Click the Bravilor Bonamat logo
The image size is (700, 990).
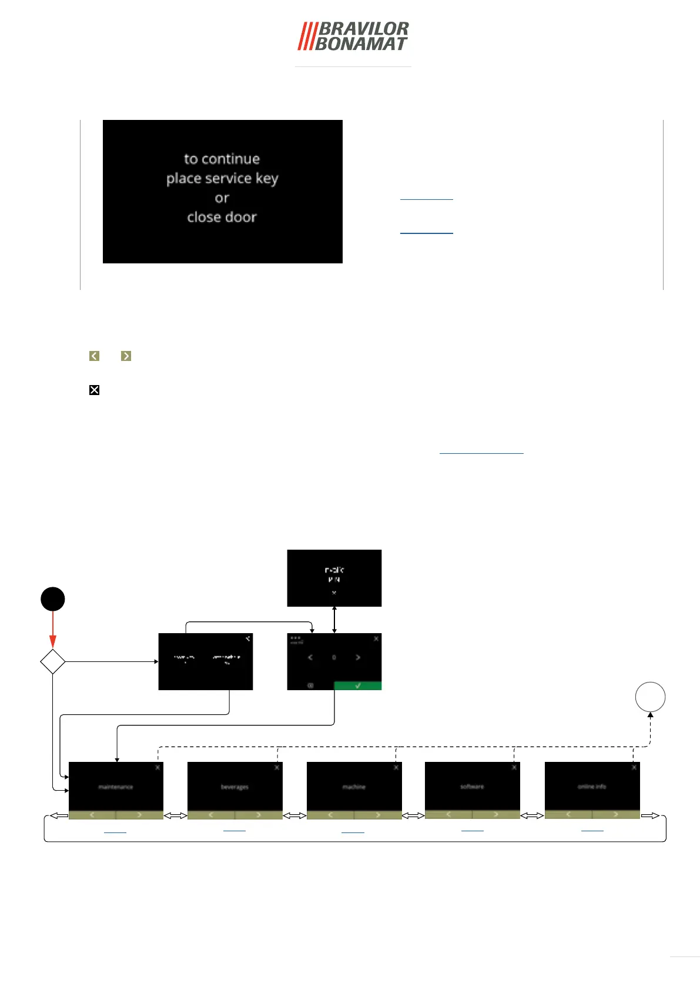353,36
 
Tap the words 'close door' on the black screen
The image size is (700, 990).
222,218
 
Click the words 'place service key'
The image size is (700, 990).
222,178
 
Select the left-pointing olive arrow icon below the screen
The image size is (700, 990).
94,356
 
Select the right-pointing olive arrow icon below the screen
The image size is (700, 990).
126,356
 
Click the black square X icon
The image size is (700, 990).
94,390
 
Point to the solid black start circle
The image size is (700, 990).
52,599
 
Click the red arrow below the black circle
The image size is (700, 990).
53,629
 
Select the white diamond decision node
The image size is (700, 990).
52,661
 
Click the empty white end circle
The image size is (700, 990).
650,697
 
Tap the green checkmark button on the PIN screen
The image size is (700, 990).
357,685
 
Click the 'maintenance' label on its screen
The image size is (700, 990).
116,787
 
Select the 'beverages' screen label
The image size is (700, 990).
235,787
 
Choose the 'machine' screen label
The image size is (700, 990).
354,787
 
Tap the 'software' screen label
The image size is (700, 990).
472,787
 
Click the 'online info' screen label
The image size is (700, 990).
592,787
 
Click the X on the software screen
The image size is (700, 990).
514,767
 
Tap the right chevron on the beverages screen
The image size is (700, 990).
258,815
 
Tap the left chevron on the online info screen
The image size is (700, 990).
568,814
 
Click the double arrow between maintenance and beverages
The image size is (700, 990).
175,815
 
